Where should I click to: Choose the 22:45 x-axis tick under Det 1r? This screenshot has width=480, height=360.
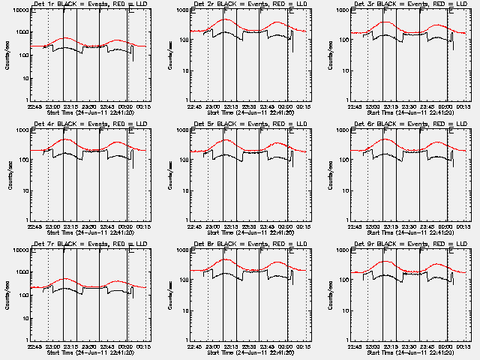pos(34,107)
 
